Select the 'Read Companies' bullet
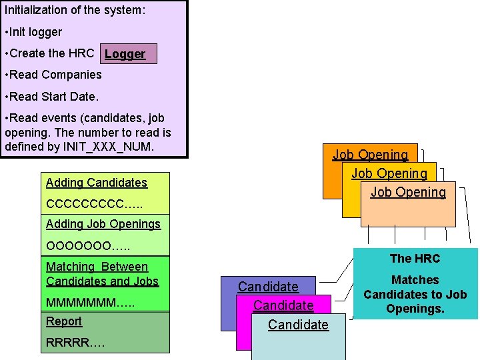(x=53, y=75)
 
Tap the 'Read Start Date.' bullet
(x=51, y=97)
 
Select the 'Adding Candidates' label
(x=97, y=183)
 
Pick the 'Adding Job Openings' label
(x=103, y=224)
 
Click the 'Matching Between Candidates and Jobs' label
(x=102, y=274)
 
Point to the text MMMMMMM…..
(x=90, y=303)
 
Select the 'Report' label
(x=64, y=321)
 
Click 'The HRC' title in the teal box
(x=415, y=259)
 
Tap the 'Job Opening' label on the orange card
(x=370, y=155)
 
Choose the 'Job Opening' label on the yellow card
(x=389, y=173)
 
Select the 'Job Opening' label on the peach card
(x=408, y=192)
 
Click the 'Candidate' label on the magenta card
(x=283, y=305)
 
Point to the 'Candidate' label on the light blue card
(x=298, y=325)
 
